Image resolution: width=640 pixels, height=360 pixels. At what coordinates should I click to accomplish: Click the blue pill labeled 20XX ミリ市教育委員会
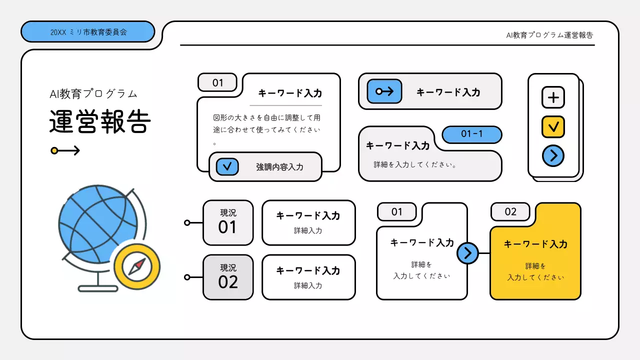tap(88, 32)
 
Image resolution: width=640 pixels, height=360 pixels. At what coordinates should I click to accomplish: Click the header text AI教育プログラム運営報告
tap(549, 35)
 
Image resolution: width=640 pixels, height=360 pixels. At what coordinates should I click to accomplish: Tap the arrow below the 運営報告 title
tap(65, 150)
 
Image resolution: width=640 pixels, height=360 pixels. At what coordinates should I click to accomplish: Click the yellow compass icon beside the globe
tap(136, 267)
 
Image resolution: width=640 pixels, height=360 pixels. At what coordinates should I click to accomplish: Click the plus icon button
tap(553, 97)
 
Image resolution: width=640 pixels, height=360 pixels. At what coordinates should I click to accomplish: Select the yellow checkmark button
tap(553, 127)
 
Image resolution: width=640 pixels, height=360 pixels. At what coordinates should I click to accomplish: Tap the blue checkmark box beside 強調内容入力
tap(227, 166)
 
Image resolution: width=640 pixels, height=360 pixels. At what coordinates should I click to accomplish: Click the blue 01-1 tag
tap(471, 134)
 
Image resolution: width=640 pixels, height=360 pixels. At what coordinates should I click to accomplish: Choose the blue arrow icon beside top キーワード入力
tap(384, 91)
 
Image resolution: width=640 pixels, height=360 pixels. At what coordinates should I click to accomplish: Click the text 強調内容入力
tap(279, 167)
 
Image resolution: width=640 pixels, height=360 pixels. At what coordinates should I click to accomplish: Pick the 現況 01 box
tap(228, 222)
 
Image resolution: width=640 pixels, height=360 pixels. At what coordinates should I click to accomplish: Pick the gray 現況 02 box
tap(228, 277)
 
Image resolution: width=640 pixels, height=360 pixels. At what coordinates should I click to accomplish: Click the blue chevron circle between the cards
tap(467, 253)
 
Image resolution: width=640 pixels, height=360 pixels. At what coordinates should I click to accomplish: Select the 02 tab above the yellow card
tap(510, 211)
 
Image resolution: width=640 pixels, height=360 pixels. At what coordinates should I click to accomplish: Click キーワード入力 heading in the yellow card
tap(535, 244)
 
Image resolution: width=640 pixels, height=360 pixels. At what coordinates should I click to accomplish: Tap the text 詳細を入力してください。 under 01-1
tap(415, 164)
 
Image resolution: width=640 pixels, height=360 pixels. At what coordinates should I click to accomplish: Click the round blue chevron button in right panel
tap(553, 156)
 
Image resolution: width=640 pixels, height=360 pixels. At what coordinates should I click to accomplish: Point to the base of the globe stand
tap(98, 288)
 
